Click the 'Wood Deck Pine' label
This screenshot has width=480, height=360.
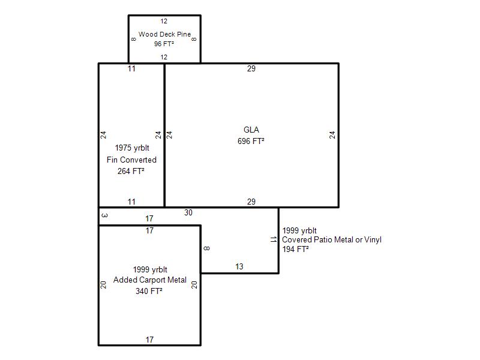pyautogui.click(x=164, y=34)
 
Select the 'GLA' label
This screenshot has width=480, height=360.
pyautogui.click(x=251, y=130)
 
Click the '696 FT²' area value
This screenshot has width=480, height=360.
pyautogui.click(x=251, y=141)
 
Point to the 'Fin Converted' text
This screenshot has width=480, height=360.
pyautogui.click(x=131, y=160)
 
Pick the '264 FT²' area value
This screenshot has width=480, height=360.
pyautogui.click(x=131, y=171)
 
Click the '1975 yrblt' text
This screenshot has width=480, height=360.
pyautogui.click(x=131, y=148)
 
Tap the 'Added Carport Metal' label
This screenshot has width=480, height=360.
pyautogui.click(x=150, y=280)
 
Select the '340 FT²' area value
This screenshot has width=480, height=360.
pyautogui.click(x=150, y=292)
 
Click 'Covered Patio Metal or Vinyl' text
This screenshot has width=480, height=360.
pyautogui.click(x=331, y=240)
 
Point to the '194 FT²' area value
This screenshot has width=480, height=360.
pyautogui.click(x=295, y=249)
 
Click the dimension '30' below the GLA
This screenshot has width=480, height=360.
pyautogui.click(x=188, y=212)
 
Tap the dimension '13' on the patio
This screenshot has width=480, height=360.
pyautogui.click(x=239, y=266)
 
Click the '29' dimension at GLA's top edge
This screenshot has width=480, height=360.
pyautogui.click(x=251, y=68)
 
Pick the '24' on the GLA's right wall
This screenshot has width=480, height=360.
pyautogui.click(x=332, y=135)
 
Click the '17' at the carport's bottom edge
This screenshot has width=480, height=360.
pyautogui.click(x=150, y=340)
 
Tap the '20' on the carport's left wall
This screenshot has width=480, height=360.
pyautogui.click(x=104, y=285)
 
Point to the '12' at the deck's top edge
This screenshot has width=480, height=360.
pyautogui.click(x=164, y=21)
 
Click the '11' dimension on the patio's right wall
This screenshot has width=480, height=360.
pyautogui.click(x=273, y=239)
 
